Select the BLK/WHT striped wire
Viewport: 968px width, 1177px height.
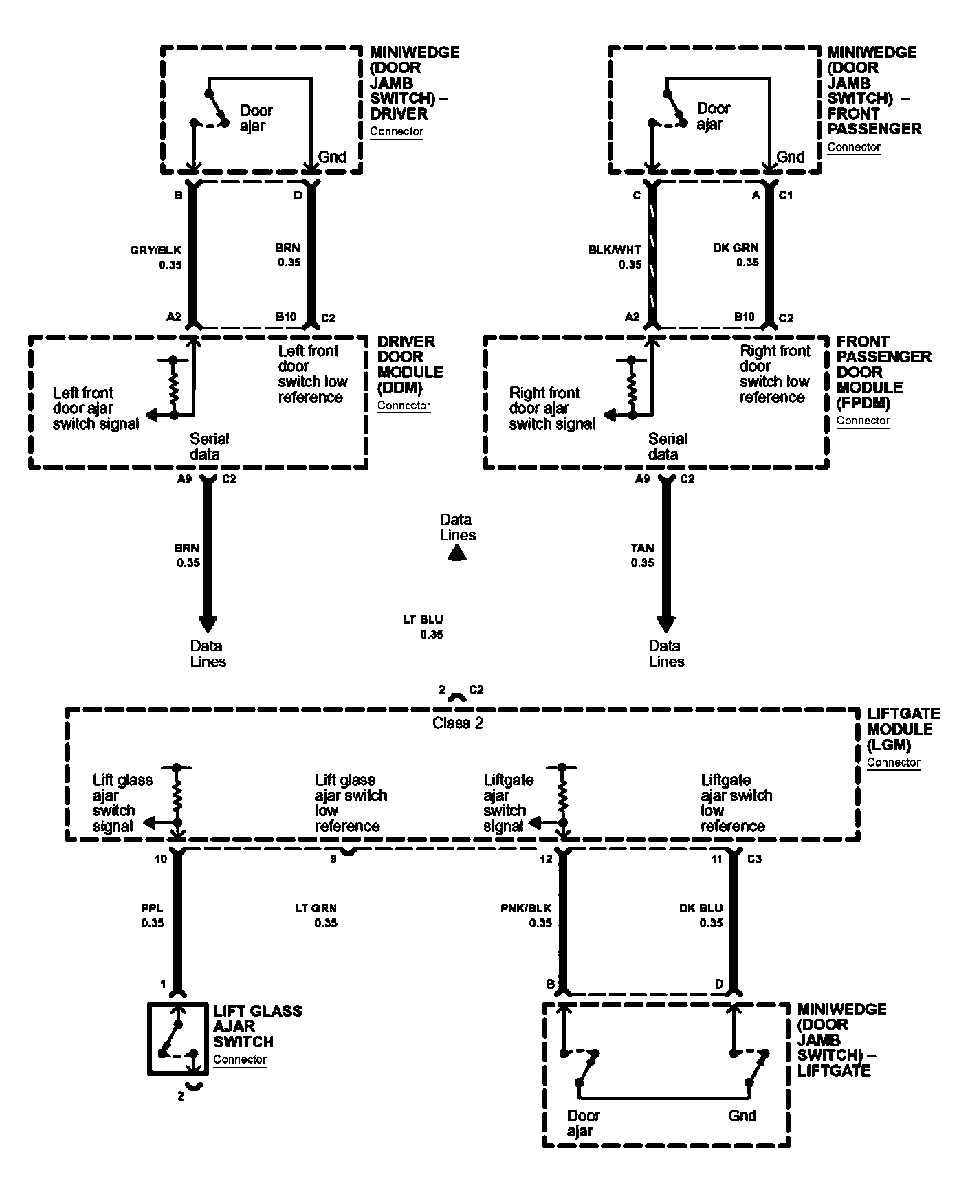[x=652, y=254]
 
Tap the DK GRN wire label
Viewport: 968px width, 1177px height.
[x=736, y=248]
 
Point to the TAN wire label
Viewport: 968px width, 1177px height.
[x=642, y=548]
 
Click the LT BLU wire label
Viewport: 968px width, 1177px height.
[x=423, y=619]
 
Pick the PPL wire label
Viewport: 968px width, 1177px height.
[x=153, y=908]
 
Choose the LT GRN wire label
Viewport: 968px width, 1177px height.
[x=316, y=908]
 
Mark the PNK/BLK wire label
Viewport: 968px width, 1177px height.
[x=526, y=908]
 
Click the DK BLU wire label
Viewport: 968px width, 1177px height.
[x=701, y=908]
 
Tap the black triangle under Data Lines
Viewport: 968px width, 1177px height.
[x=457, y=554]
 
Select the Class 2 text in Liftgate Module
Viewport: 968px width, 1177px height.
[x=457, y=723]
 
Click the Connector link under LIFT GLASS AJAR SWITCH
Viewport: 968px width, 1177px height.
[x=239, y=1059]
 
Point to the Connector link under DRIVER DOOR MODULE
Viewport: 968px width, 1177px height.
[x=404, y=406]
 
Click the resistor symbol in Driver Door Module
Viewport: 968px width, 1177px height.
[x=173, y=388]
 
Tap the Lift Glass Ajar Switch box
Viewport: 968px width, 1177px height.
[x=178, y=1038]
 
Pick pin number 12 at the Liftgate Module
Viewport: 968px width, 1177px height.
[x=546, y=859]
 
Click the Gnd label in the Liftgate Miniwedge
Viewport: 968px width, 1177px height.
[x=742, y=1115]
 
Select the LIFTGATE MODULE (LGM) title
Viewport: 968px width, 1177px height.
[x=903, y=729]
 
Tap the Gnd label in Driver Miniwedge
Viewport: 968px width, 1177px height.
[x=332, y=157]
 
